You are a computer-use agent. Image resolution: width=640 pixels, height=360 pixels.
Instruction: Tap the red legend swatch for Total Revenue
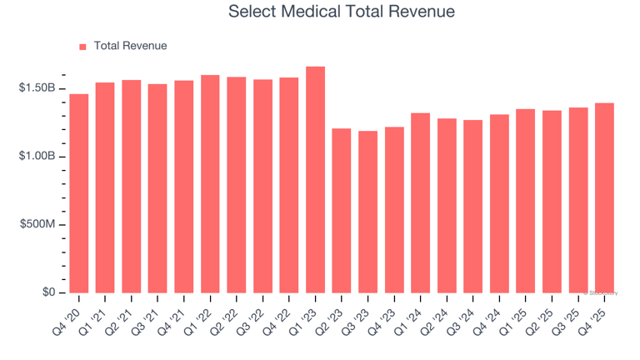click(82, 47)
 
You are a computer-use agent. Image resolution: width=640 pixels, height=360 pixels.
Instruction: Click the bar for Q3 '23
click(367, 212)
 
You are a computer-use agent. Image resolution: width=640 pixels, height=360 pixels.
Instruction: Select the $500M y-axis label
click(37, 225)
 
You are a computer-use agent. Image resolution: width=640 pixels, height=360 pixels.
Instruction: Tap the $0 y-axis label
click(49, 292)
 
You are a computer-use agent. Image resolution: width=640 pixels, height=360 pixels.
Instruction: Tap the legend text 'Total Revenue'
click(130, 47)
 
